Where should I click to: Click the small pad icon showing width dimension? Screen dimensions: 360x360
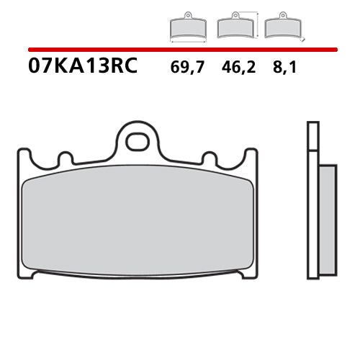(188, 27)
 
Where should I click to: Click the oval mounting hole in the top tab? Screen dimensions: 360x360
(137, 141)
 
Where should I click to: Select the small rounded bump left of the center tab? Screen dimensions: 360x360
(65, 158)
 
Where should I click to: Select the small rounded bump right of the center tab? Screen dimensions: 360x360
(210, 158)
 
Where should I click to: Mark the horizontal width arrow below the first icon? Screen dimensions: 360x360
(188, 40)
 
